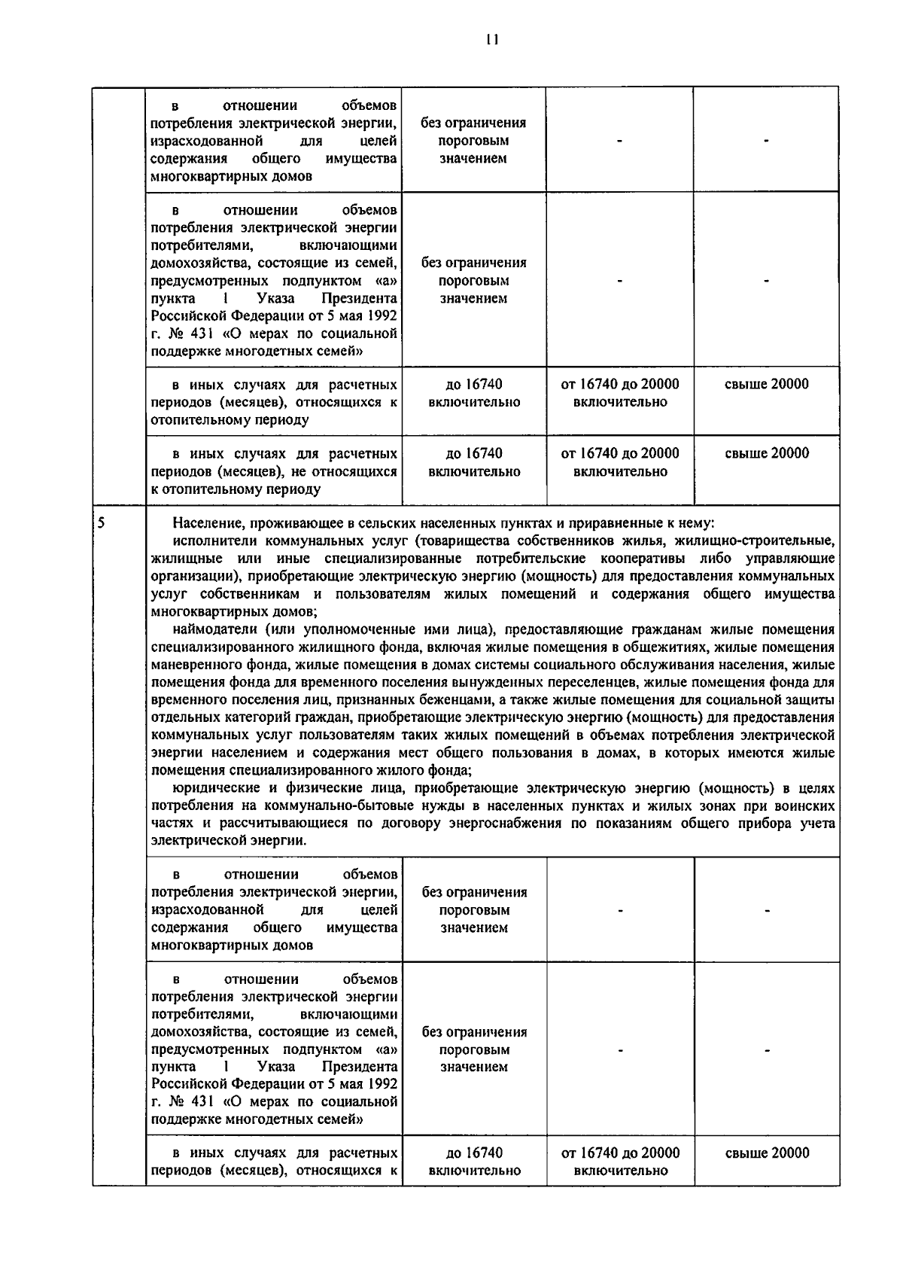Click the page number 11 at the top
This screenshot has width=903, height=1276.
492,40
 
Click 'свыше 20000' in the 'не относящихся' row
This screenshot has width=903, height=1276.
767,453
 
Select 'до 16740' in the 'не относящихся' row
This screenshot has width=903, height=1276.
474,453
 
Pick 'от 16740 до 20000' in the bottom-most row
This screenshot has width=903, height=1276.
620,1153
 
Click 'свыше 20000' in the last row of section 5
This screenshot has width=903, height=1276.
767,1153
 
